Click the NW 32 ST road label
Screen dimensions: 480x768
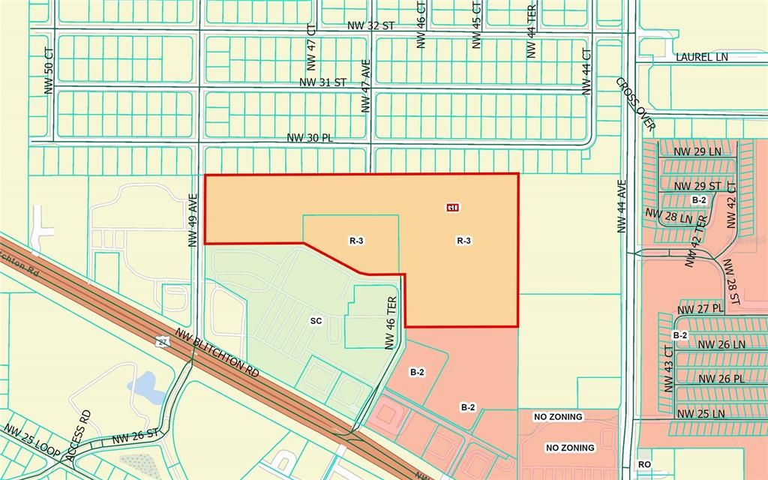point(370,25)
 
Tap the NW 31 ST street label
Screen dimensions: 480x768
point(322,82)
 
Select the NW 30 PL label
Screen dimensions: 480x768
point(310,138)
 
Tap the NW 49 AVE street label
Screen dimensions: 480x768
point(193,220)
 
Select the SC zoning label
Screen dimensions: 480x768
point(316,320)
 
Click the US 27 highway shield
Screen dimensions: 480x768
point(162,342)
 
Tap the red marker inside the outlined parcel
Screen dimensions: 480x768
point(453,207)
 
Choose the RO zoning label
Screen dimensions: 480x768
point(644,464)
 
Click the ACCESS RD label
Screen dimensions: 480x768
point(79,435)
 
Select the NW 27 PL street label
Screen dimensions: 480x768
point(700,308)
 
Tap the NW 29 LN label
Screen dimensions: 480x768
point(697,151)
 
